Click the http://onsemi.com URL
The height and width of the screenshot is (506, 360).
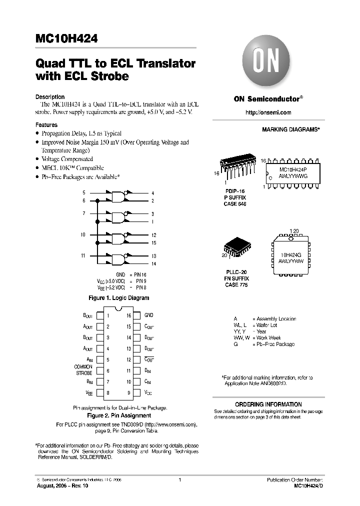click(x=268, y=113)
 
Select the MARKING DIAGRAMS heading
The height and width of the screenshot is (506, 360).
click(x=290, y=129)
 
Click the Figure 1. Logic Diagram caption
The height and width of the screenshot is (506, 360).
click(x=118, y=298)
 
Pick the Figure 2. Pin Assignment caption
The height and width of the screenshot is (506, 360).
click(x=119, y=415)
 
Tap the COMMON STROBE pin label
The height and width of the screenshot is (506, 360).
click(x=83, y=370)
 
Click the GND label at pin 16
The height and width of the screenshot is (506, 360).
click(x=149, y=315)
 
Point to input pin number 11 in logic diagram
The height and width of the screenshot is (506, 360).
click(x=83, y=255)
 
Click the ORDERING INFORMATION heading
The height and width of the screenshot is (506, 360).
click(x=268, y=404)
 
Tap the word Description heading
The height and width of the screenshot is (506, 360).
click(x=50, y=97)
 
